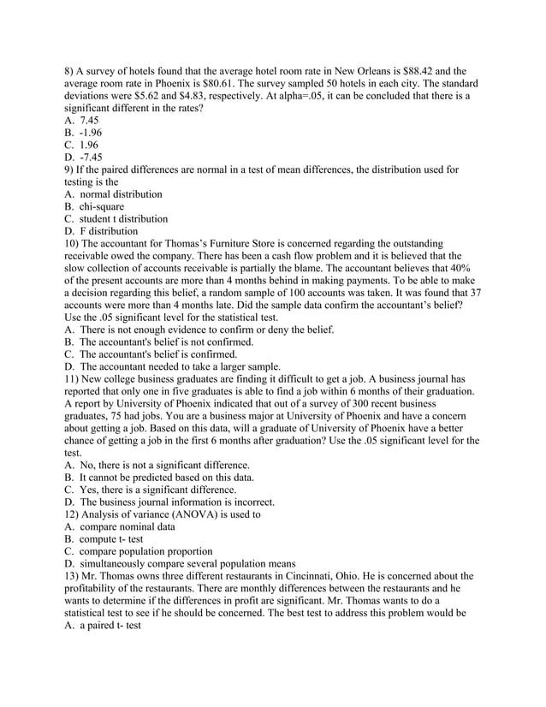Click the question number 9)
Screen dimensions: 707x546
pos(72,169)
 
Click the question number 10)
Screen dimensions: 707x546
pos(74,243)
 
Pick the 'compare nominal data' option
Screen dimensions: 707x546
pos(127,527)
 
